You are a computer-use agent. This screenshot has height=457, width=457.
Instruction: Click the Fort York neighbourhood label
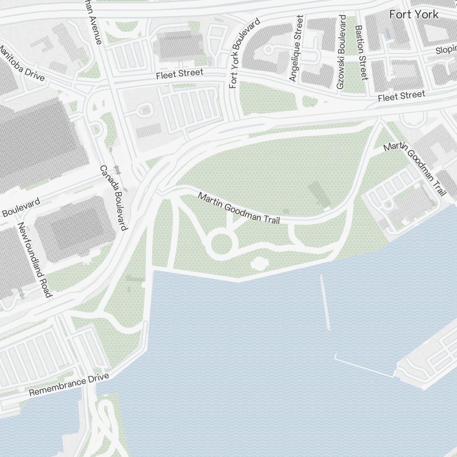[414, 15]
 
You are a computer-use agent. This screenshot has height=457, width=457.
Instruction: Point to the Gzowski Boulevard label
[341, 52]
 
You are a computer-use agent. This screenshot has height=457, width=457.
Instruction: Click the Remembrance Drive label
[69, 385]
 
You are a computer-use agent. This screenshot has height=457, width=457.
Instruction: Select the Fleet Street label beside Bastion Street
[401, 96]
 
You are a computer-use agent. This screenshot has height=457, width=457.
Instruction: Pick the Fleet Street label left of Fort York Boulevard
[179, 74]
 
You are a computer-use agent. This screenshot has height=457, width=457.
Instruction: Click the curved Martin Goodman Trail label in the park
[239, 208]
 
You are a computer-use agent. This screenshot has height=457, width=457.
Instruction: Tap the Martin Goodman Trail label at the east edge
[414, 169]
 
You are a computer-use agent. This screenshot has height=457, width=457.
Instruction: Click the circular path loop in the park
[220, 243]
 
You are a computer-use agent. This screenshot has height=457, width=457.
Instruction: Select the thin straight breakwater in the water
[325, 302]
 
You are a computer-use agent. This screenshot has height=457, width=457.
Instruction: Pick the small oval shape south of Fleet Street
[145, 110]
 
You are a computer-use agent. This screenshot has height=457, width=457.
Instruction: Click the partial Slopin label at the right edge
[446, 49]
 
